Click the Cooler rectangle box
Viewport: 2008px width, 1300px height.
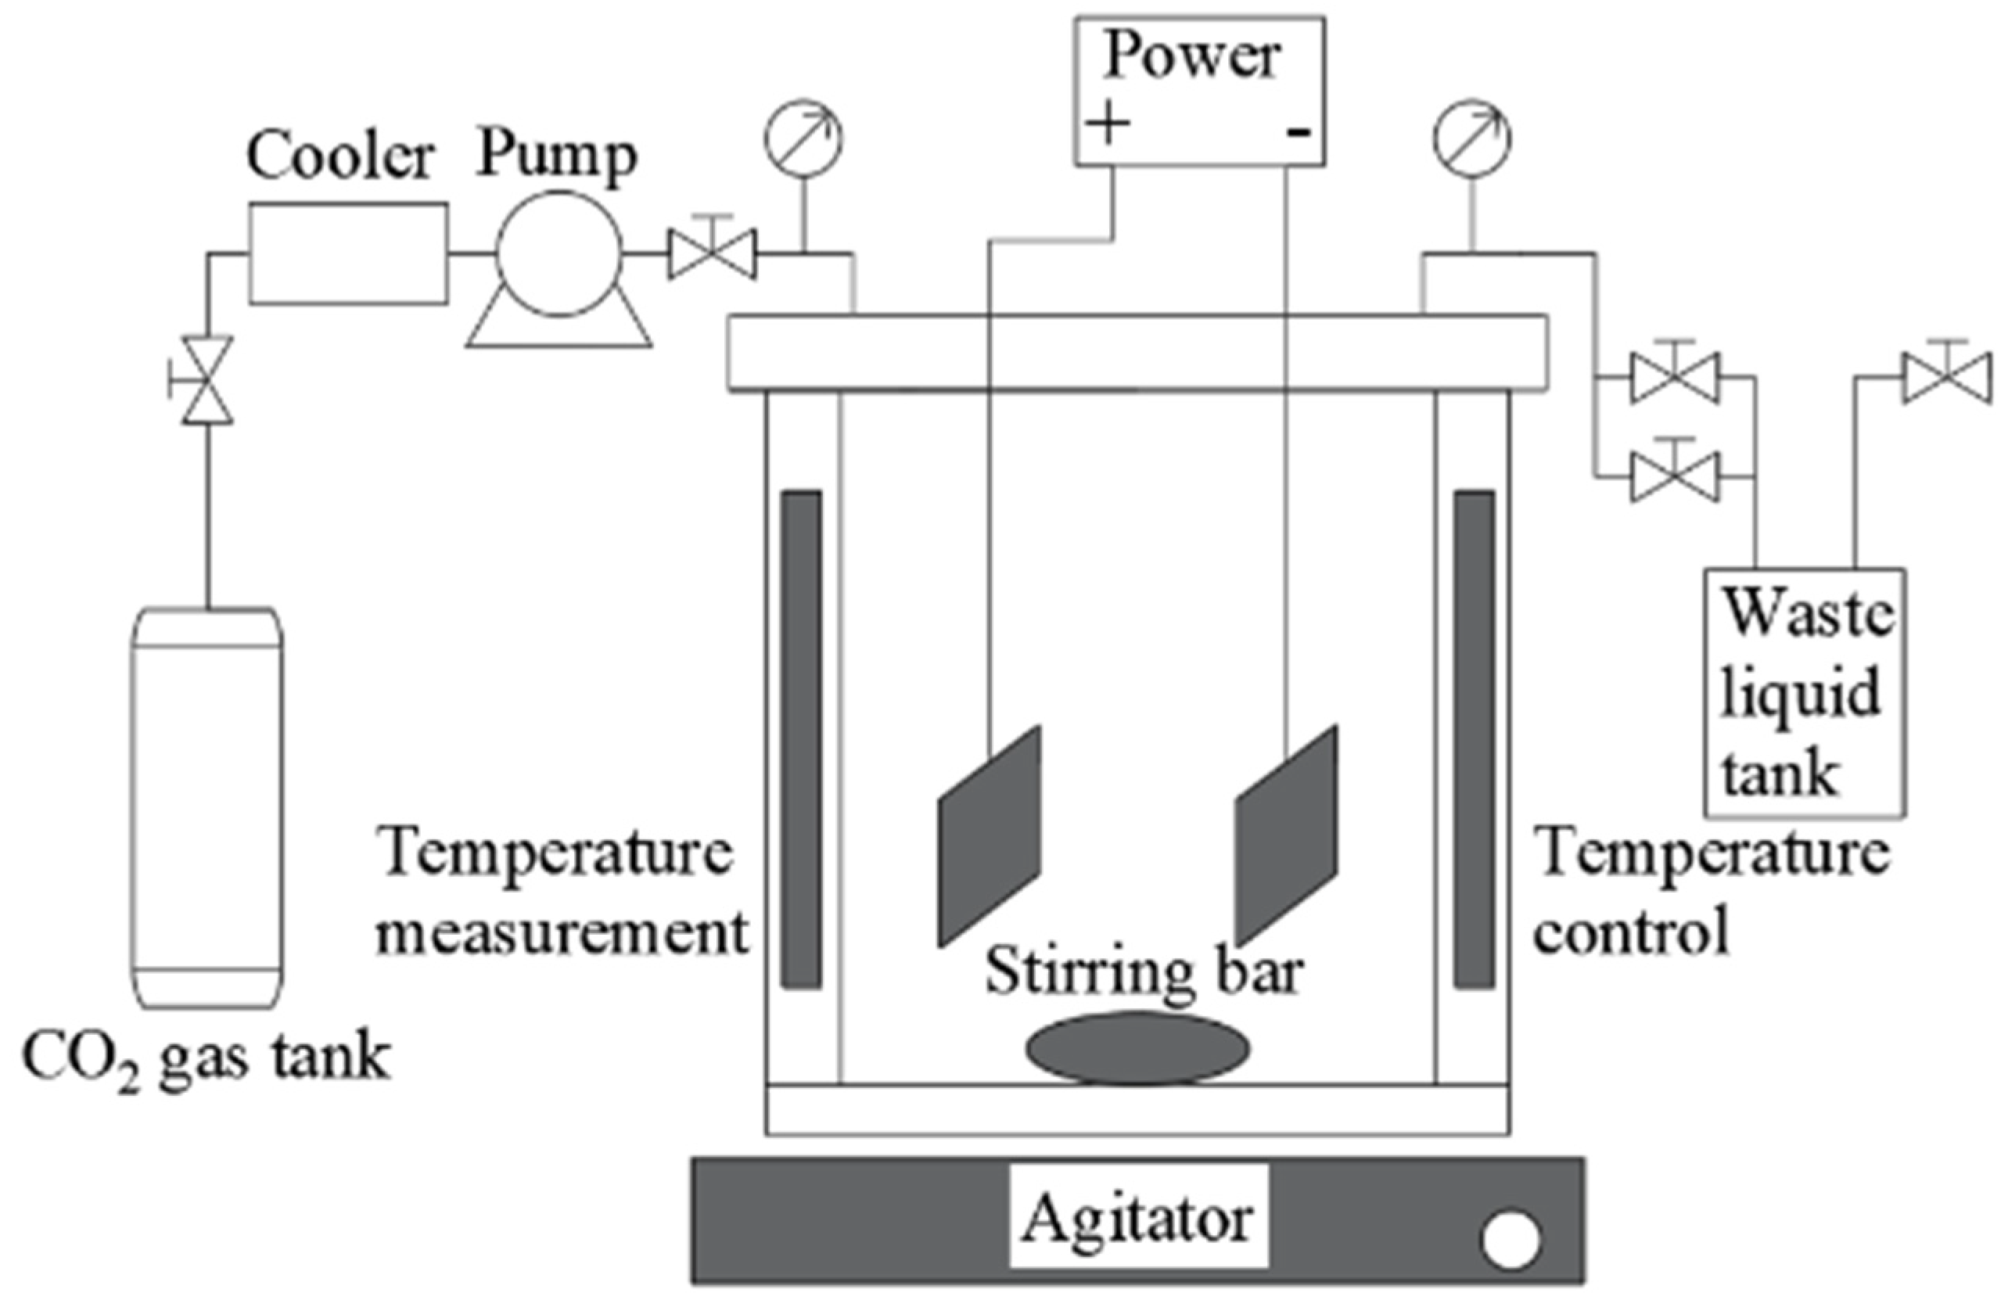(347, 253)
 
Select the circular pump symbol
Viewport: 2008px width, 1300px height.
(559, 254)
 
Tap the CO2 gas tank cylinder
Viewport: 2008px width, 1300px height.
(207, 807)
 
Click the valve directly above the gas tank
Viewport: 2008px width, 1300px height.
(207, 380)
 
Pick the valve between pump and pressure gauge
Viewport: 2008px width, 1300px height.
(712, 254)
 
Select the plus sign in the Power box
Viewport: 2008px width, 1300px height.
(1108, 126)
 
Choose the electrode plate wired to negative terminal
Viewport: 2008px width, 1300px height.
(1286, 835)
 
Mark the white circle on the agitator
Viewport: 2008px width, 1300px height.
(1510, 1240)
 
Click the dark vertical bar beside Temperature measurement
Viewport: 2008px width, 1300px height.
(801, 739)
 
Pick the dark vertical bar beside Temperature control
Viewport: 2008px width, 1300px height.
(1473, 739)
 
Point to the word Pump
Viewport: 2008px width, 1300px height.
(557, 157)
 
